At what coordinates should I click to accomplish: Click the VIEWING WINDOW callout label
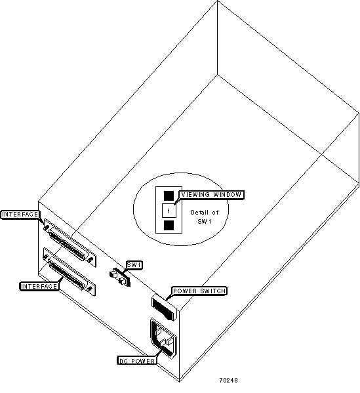pos(211,195)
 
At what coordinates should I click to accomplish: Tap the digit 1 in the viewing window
pos(169,211)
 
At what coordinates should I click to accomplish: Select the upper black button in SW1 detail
pos(169,196)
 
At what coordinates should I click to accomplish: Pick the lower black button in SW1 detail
pos(169,225)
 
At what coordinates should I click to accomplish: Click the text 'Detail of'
pos(205,213)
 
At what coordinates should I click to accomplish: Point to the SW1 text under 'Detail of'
pos(205,222)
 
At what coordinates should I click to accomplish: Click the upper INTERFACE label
pos(20,215)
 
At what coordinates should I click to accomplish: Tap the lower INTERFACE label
pos(39,286)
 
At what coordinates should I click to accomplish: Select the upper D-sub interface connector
pos(70,243)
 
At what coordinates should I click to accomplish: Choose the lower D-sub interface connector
pos(69,272)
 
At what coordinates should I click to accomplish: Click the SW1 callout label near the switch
pos(134,265)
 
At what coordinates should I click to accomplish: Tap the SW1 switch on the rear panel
pos(120,277)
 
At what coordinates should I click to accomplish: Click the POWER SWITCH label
pos(199,291)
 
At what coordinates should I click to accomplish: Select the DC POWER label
pos(137,361)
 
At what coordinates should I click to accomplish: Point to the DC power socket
pos(163,338)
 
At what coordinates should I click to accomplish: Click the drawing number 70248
pos(228,381)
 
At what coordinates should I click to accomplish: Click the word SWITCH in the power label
pos(213,291)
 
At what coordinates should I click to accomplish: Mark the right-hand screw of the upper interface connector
pos(90,259)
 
